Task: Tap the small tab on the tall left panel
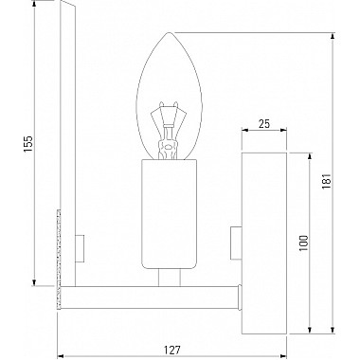click(80, 249)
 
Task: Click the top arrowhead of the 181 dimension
click(332, 35)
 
